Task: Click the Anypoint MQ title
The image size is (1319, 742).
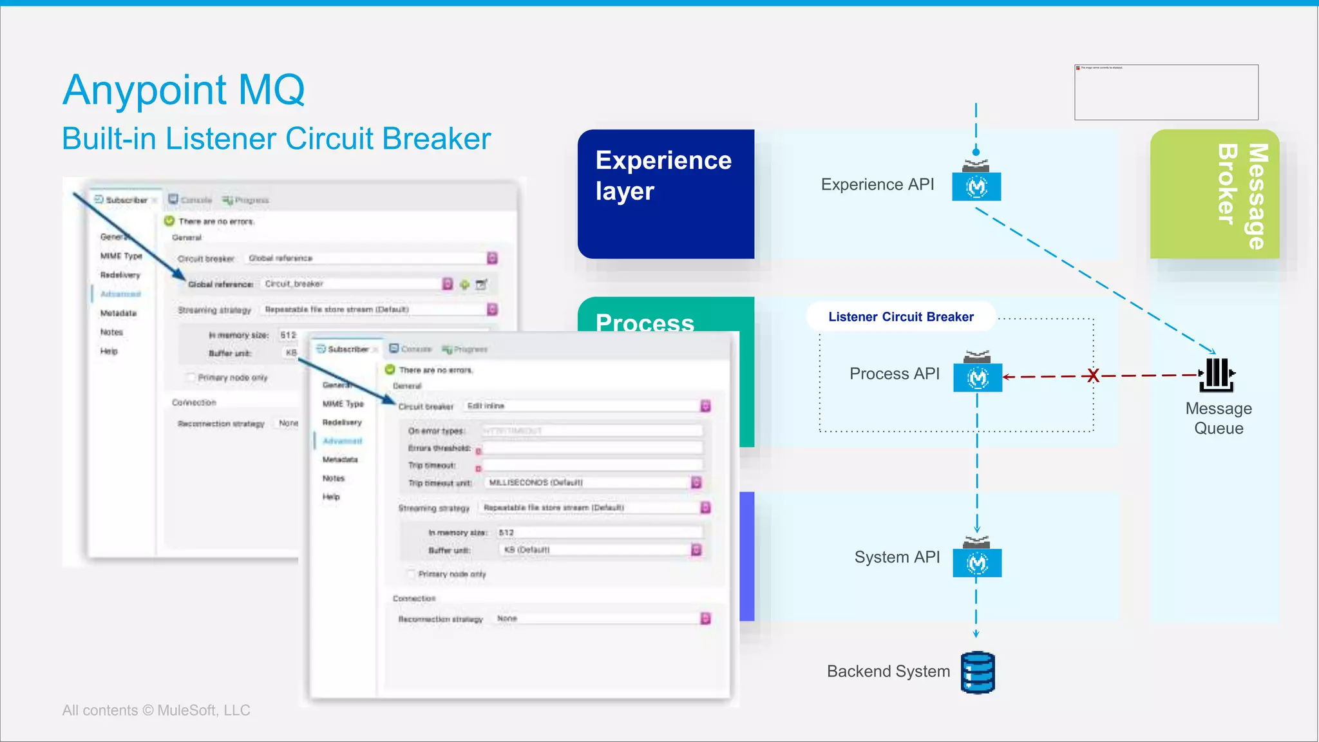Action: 184,90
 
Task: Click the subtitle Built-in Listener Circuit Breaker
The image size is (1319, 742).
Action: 276,139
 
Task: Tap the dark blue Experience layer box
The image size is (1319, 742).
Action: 665,194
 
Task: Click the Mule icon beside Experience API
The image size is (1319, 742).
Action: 976,186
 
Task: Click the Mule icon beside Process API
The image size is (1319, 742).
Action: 977,377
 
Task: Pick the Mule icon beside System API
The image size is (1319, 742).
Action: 977,563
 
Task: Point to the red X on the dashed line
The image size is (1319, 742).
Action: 1093,376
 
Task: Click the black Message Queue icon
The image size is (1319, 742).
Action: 1217,375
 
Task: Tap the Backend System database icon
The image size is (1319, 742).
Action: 978,672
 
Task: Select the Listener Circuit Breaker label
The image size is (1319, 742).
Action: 900,317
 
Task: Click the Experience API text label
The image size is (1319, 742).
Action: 877,185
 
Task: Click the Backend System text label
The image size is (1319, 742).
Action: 888,672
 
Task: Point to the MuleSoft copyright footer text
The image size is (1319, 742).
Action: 156,710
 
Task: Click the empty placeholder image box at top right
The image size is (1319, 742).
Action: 1166,92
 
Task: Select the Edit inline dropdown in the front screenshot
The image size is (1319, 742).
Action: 586,406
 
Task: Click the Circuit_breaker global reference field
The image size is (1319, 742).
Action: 351,284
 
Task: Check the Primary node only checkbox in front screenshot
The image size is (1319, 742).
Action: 411,574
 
